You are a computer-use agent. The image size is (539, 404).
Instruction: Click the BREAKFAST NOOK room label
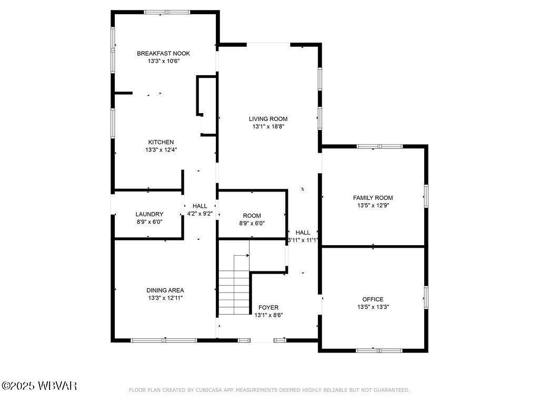(163, 53)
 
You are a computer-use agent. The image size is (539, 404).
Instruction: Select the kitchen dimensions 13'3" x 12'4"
(161, 150)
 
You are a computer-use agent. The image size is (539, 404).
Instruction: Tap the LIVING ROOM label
(268, 119)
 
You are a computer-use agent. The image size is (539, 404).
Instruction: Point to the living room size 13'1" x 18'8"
(268, 126)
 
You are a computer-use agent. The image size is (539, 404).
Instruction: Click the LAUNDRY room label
(149, 214)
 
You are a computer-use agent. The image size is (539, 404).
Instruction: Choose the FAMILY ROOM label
(373, 198)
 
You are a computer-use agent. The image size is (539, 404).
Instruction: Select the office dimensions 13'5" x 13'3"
(373, 307)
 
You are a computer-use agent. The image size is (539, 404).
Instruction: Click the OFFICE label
(373, 299)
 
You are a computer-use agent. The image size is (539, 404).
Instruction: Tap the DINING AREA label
(165, 290)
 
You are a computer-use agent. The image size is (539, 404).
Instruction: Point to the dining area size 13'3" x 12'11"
(165, 298)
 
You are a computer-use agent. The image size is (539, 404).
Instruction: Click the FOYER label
(268, 308)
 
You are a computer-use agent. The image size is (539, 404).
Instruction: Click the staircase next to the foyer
(234, 292)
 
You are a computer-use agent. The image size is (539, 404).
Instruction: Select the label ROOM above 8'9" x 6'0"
(252, 216)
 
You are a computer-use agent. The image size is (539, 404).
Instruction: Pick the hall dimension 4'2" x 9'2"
(199, 214)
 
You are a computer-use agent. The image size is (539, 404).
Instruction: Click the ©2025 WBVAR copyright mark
(39, 386)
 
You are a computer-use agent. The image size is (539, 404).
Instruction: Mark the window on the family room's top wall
(380, 146)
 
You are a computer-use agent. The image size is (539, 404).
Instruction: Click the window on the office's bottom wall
(379, 350)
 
